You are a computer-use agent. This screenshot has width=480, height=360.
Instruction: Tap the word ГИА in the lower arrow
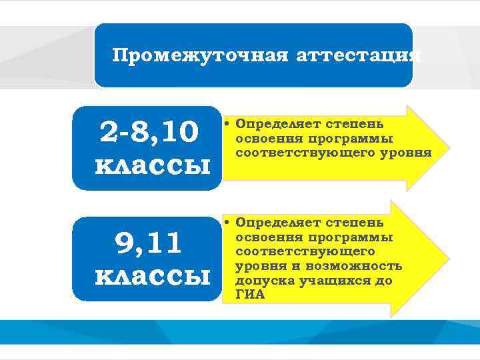(x=250, y=295)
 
